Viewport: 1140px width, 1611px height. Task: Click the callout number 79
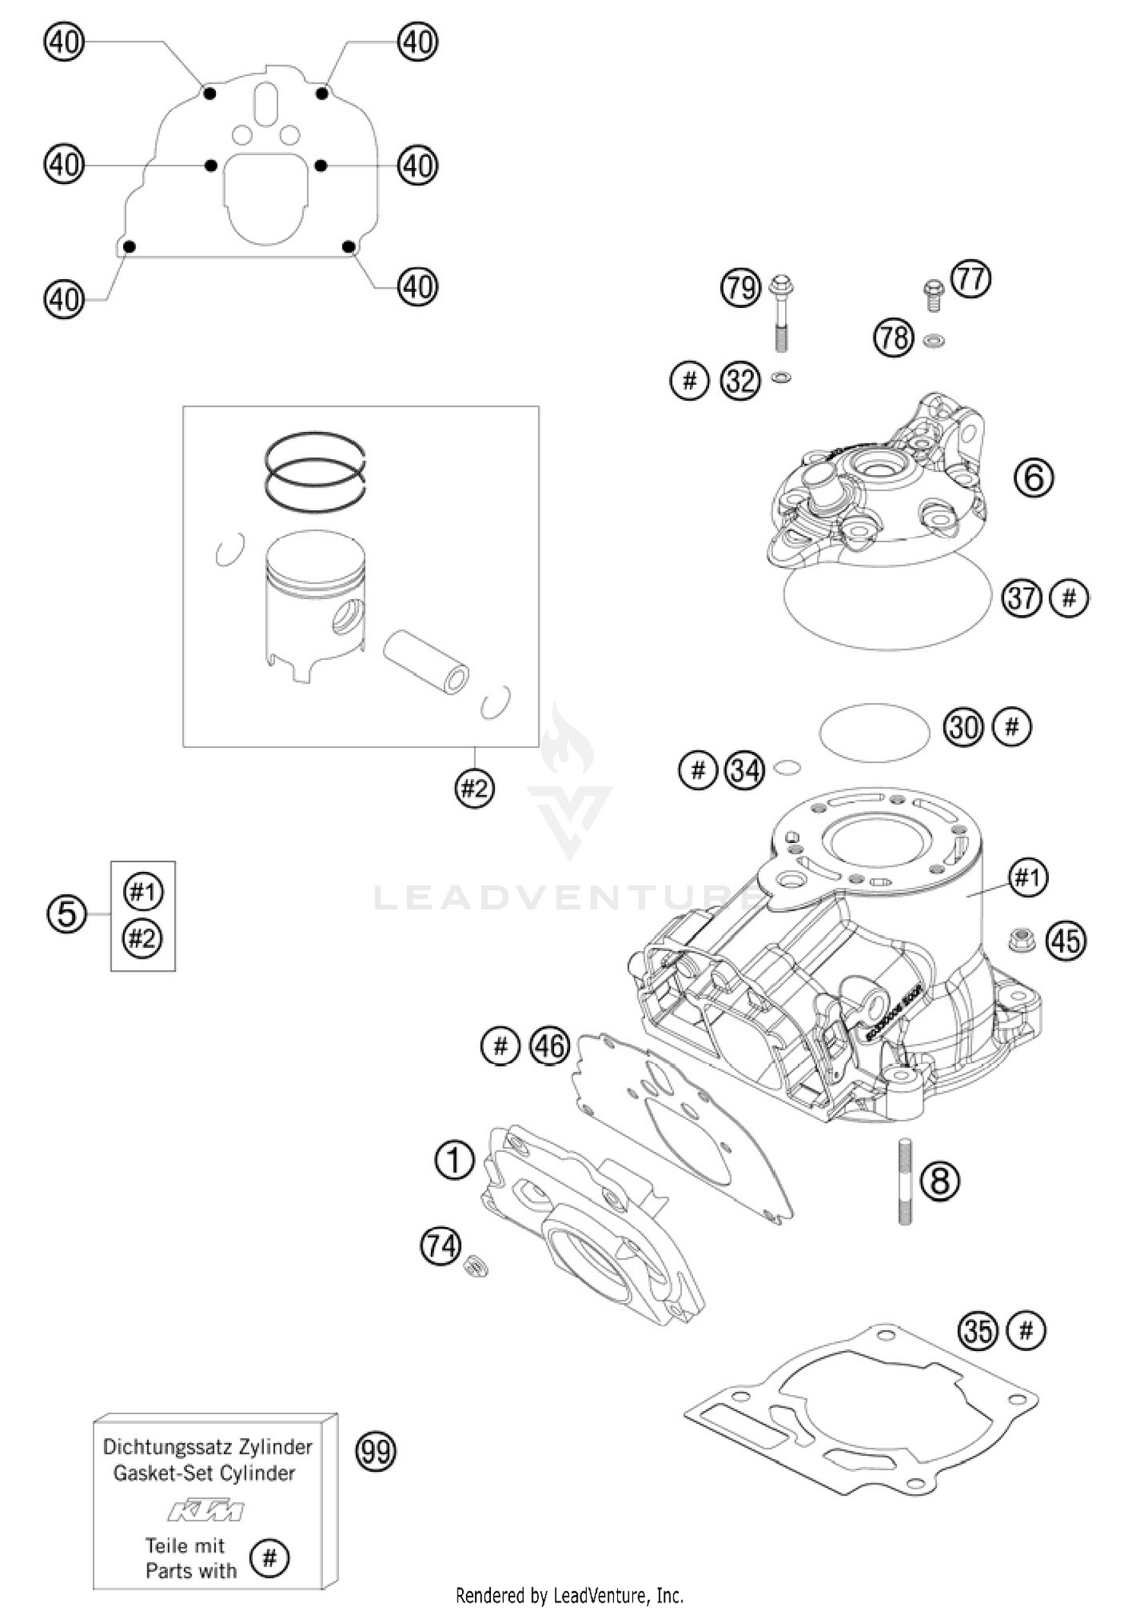click(740, 288)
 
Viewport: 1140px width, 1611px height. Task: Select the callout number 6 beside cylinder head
click(1034, 478)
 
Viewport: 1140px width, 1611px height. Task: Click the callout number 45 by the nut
click(1066, 941)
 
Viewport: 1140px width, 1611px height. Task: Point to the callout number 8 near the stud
click(940, 1181)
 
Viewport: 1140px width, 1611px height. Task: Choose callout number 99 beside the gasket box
click(376, 1451)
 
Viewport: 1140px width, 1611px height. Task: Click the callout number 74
click(441, 1246)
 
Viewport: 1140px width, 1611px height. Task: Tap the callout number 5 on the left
click(67, 914)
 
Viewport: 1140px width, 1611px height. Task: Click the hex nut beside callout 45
click(1018, 941)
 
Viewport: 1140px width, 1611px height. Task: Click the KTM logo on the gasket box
click(206, 1511)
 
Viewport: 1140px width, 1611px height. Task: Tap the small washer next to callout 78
click(933, 340)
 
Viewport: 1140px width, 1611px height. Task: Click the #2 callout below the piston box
click(474, 788)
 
